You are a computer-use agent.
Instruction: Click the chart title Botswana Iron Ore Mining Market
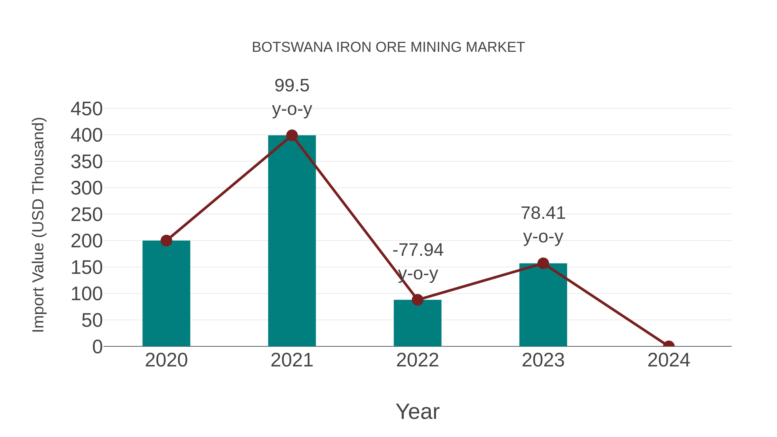[x=388, y=47]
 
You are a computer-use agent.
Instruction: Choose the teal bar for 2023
[x=543, y=306]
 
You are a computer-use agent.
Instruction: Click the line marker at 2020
[x=166, y=241]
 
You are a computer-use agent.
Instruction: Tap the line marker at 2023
[x=543, y=263]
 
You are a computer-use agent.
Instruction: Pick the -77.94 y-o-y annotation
[x=418, y=262]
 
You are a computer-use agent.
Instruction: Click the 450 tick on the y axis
[x=87, y=109]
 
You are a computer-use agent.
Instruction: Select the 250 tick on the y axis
[x=87, y=215]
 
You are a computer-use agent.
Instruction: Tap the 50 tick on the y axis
[x=92, y=321]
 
